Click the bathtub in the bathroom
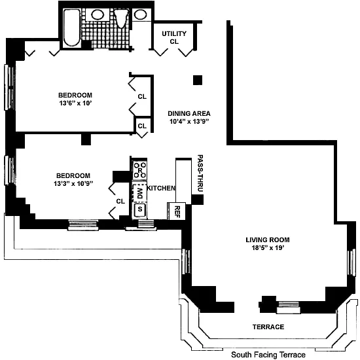coord(71,28)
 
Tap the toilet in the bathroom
coord(121,18)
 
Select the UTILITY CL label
coord(174,37)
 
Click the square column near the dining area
coord(198,80)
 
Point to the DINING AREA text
coord(189,113)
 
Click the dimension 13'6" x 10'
coord(75,103)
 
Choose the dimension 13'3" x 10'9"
coord(73,184)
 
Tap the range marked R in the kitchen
coord(140,170)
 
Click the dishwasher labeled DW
coord(139,193)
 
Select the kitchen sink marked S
coord(140,209)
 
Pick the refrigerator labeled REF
coord(177,211)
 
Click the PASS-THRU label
coord(200,173)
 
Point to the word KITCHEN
coord(161,188)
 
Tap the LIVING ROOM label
coord(268,240)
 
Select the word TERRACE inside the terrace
coord(268,327)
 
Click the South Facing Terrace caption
coord(268,355)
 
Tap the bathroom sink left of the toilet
coord(98,14)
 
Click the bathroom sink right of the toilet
coord(140,14)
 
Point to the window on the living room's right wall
coord(351,263)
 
